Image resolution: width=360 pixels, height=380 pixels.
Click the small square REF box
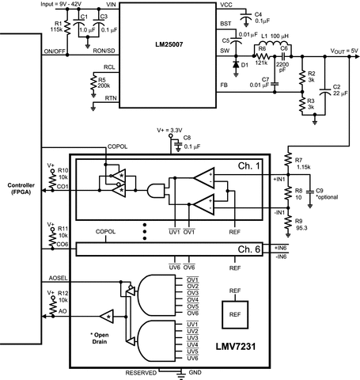pos(236,313)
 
